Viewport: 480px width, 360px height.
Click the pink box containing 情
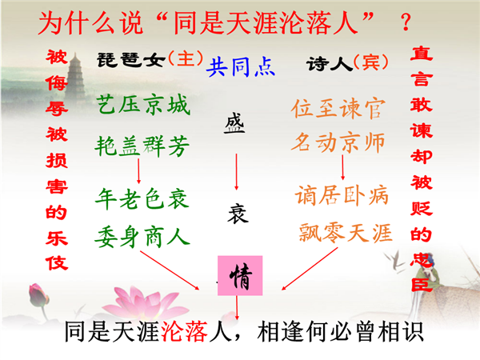tap(240, 275)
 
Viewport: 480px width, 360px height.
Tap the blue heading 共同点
tap(241, 66)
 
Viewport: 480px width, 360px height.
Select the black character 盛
tap(234, 123)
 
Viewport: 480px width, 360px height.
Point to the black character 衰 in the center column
tap(238, 214)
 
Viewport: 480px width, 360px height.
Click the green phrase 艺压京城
tap(143, 105)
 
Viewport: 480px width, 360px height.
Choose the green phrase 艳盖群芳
tap(142, 146)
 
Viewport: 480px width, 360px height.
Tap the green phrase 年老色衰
tap(142, 199)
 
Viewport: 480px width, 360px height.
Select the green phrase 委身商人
tap(142, 237)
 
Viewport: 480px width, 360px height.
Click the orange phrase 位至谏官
tap(338, 109)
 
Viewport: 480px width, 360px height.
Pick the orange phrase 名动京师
tap(338, 142)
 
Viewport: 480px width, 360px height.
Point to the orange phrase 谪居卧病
tap(342, 195)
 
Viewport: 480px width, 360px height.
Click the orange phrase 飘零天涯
tap(346, 233)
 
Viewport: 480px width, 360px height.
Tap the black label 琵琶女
tap(131, 60)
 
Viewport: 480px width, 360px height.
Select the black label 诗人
tap(330, 64)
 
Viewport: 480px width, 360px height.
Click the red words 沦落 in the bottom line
tap(184, 331)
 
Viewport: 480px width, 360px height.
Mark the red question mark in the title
tap(406, 22)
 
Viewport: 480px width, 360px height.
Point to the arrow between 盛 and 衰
tap(236, 172)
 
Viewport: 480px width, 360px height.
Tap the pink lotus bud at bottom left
tap(38, 295)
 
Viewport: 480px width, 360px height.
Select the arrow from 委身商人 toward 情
tap(170, 270)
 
